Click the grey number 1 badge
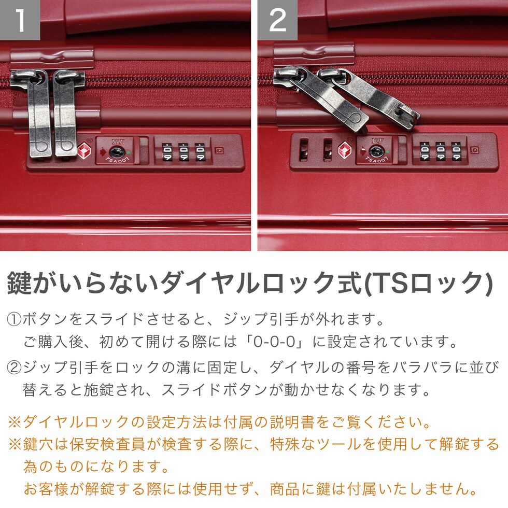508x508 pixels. click(20, 20)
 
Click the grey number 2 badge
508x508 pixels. click(277, 20)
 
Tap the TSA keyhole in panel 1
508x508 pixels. click(115, 151)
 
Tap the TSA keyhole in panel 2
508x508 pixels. click(376, 151)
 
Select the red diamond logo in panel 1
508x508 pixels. click(84, 151)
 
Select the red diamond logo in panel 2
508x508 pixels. click(345, 150)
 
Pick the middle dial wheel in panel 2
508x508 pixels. click(441, 151)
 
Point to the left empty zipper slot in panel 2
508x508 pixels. click(304, 150)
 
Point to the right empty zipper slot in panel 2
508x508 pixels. click(328, 150)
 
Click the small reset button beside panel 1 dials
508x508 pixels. click(219, 150)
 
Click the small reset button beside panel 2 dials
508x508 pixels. click(475, 150)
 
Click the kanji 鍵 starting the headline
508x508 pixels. click(20, 283)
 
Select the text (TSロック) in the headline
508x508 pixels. click(428, 283)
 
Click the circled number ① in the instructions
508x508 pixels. click(15, 319)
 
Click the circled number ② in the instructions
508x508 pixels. click(15, 368)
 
